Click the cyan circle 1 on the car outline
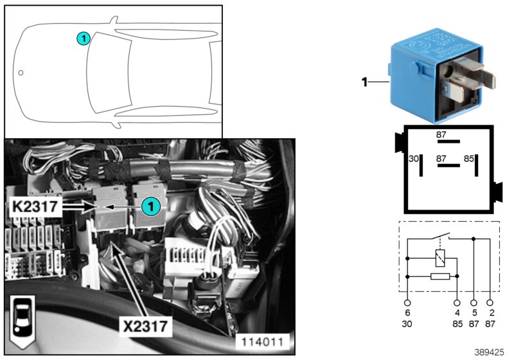83,39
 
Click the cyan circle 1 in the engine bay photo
150,206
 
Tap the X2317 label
147,326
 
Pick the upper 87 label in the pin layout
441,134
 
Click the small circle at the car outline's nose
21,73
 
